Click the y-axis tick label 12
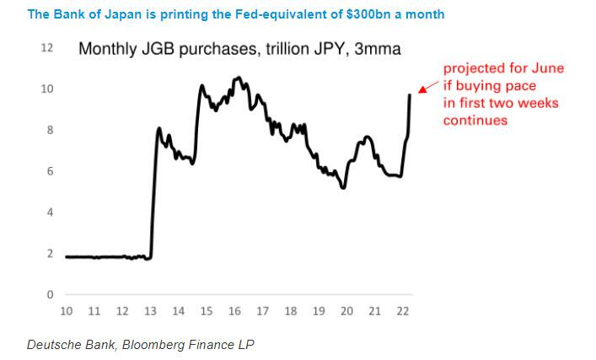pyautogui.click(x=47, y=49)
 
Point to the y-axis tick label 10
pyautogui.click(x=47, y=89)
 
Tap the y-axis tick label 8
pyautogui.click(x=50, y=131)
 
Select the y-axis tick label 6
pyautogui.click(x=50, y=171)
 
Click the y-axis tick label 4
pyautogui.click(x=50, y=212)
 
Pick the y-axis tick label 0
pyautogui.click(x=50, y=294)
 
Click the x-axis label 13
pyautogui.click(x=150, y=311)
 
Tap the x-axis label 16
pyautogui.click(x=234, y=311)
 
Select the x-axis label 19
pyautogui.click(x=319, y=311)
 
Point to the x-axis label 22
pyautogui.click(x=403, y=311)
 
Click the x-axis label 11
pyautogui.click(x=94, y=311)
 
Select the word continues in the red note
pyautogui.click(x=475, y=120)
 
